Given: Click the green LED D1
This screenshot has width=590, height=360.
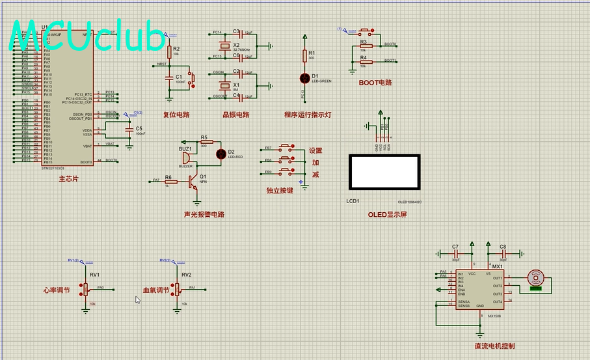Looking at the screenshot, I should [304, 78].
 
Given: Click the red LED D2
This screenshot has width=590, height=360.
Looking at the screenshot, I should [221, 154].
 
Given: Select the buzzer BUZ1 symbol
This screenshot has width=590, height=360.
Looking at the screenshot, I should [185, 157].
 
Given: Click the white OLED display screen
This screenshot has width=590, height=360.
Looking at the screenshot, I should [382, 171].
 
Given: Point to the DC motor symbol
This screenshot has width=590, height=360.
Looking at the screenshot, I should [535, 277].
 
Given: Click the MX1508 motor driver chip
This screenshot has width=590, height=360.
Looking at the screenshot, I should [479, 290].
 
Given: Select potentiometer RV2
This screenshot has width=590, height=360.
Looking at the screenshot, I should [176, 289].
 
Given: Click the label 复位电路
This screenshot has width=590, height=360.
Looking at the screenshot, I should [176, 115].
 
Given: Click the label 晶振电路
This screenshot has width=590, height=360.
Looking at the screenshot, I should [236, 115].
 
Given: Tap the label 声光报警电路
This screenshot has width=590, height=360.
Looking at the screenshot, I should [204, 214].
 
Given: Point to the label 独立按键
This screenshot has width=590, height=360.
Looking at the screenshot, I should [280, 191].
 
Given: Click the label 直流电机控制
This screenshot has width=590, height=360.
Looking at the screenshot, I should [499, 346].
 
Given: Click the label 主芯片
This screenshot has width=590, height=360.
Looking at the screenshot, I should [68, 178].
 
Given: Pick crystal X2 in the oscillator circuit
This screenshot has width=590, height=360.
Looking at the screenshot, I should [225, 46].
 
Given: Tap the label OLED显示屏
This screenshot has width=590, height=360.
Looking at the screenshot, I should [387, 215].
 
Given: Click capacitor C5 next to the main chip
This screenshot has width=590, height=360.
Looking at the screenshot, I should [130, 129].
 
